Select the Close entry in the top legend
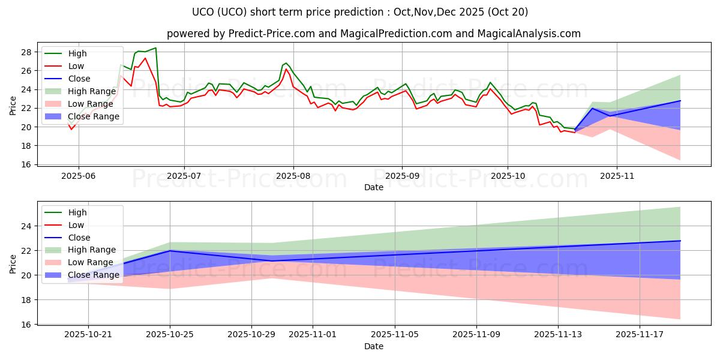click(79, 79)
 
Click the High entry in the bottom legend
click(77, 212)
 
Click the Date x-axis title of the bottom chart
click(374, 347)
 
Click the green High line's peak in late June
click(155, 48)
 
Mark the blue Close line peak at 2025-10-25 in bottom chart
click(170, 251)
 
